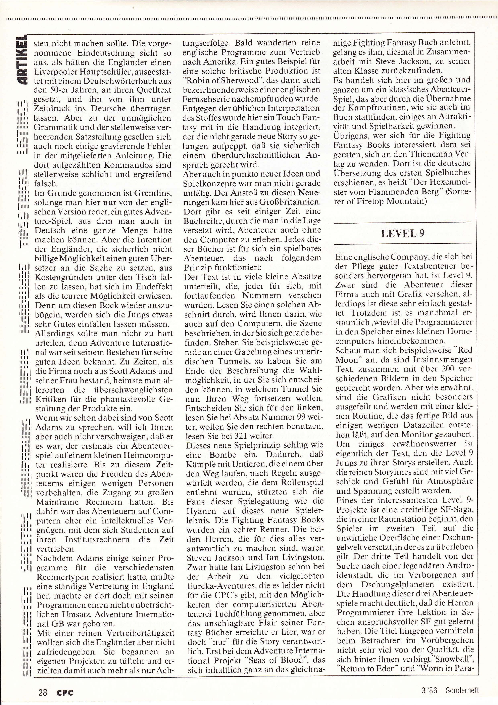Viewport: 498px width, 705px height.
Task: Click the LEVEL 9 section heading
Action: [x=403, y=233]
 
